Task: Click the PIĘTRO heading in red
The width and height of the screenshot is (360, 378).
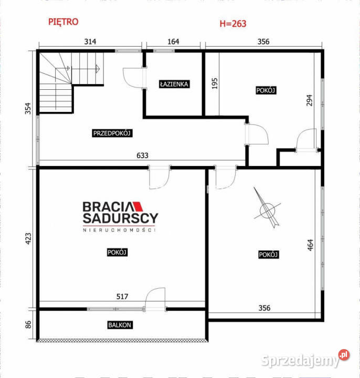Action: (63, 22)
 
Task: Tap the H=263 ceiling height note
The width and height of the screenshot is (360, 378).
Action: (233, 24)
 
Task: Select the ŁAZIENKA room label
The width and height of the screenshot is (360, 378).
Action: (174, 84)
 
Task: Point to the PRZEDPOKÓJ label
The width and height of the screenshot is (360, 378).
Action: (112, 133)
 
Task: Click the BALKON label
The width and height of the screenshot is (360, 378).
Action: (120, 325)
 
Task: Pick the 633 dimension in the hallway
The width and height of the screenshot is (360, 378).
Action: (142, 155)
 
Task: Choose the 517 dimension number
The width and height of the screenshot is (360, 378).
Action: (122, 297)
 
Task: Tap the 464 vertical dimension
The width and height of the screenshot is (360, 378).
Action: (310, 245)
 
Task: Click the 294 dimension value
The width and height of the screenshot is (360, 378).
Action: (309, 100)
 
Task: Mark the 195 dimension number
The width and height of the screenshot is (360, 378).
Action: (215, 83)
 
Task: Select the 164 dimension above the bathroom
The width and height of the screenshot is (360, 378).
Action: (173, 41)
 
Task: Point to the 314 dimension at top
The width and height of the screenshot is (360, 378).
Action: (90, 41)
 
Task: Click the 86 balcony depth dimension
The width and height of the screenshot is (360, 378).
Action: (28, 324)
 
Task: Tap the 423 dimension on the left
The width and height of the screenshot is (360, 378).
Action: (28, 239)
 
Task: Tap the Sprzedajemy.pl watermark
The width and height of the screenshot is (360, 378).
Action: (305, 359)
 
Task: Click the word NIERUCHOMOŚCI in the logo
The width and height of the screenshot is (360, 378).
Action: (119, 230)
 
